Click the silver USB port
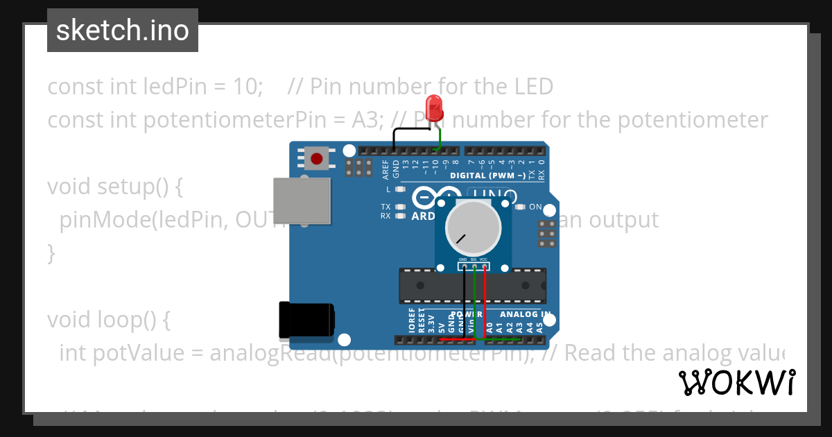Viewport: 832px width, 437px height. [x=302, y=200]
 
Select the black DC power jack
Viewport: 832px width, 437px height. [x=306, y=321]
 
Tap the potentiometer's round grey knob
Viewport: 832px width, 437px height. [x=474, y=229]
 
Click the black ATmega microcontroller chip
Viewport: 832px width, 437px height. [x=471, y=286]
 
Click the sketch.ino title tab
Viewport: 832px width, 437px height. [x=123, y=31]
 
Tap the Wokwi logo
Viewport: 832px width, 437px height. [x=736, y=383]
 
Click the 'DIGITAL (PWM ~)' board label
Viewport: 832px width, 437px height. [x=487, y=175]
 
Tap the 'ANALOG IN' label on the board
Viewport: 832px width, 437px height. [x=526, y=314]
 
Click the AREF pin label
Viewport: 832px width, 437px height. [x=386, y=169]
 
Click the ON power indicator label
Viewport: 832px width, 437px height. [x=535, y=207]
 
